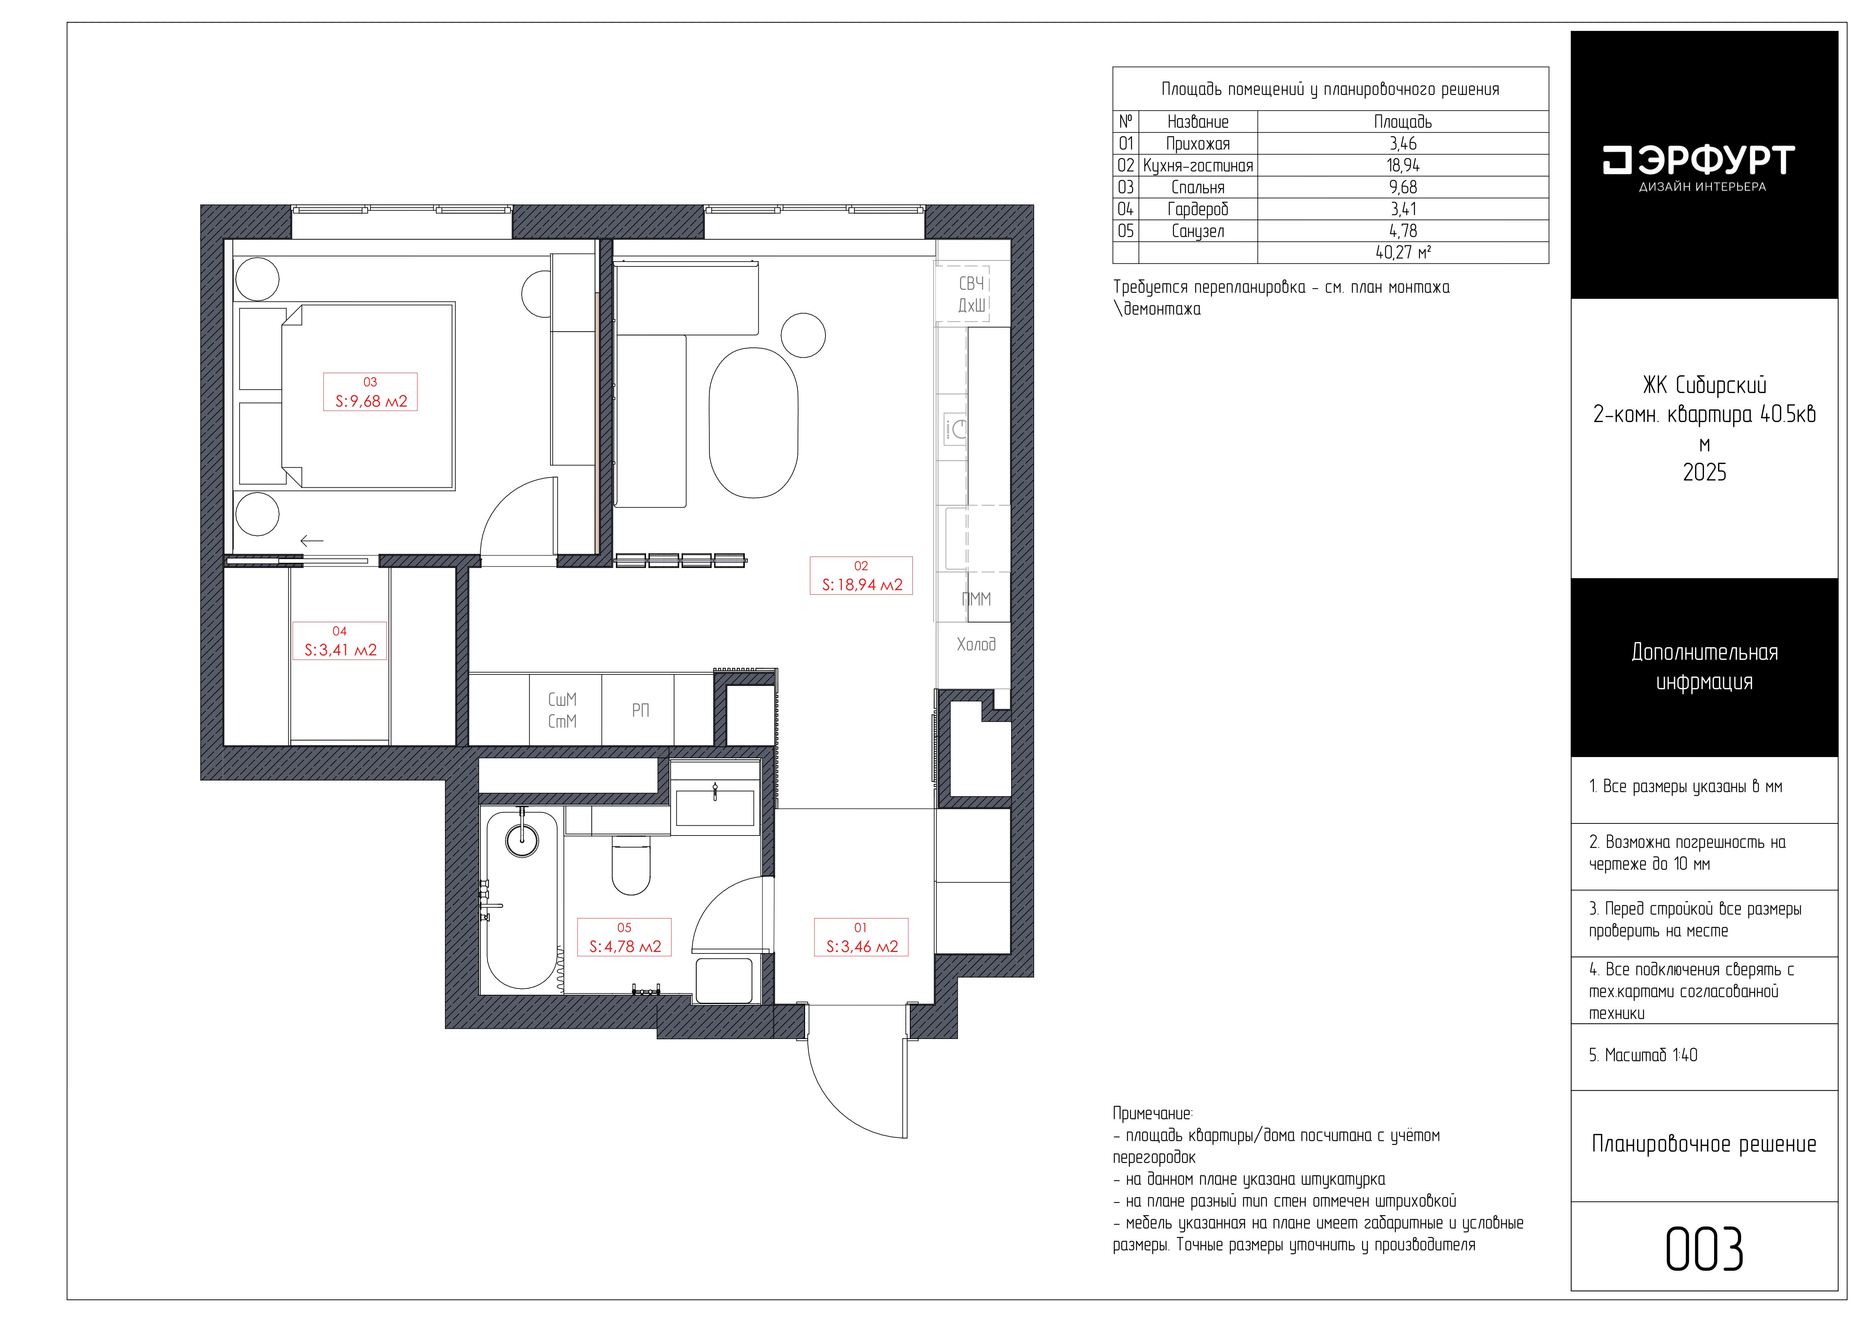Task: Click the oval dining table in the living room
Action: [753, 423]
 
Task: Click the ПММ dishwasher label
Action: [976, 599]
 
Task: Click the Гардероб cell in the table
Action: [1197, 209]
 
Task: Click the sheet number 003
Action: [1704, 1250]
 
